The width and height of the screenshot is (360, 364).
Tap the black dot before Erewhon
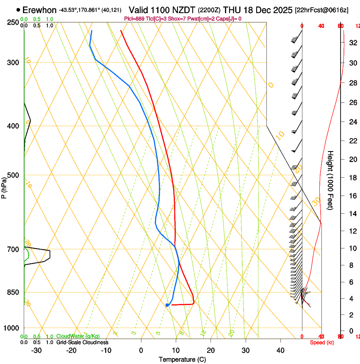[18, 9]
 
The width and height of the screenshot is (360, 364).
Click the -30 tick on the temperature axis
[37, 350]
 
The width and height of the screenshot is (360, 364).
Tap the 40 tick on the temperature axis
[280, 350]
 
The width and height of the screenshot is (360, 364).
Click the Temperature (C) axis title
[183, 359]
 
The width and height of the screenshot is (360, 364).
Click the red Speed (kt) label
[322, 342]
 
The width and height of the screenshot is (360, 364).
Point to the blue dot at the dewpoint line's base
[167, 305]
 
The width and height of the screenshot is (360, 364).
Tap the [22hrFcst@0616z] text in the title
[322, 10]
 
